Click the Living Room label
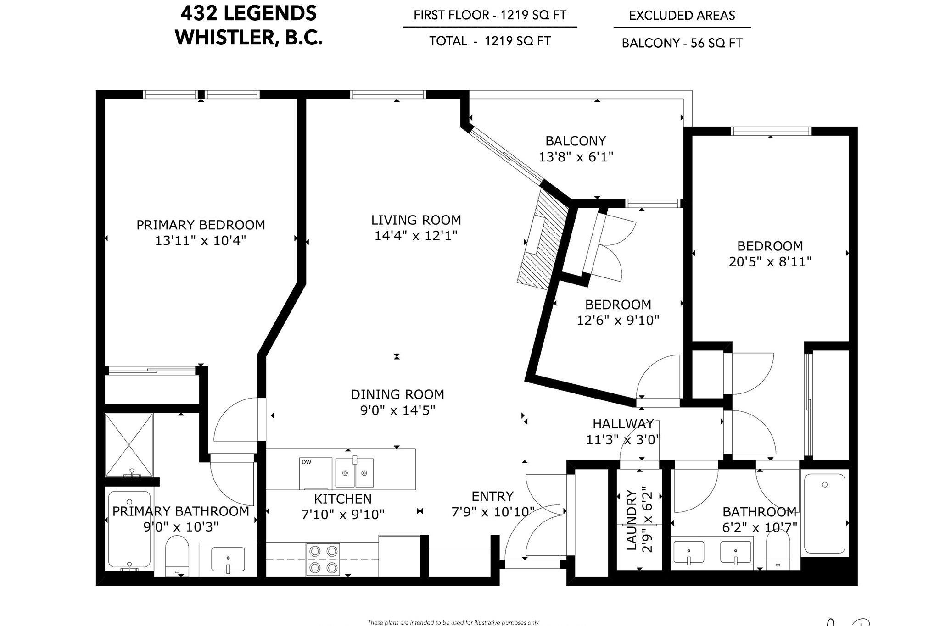tap(416, 220)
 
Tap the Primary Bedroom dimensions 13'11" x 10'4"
tap(201, 240)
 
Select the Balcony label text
tap(576, 141)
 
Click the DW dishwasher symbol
tap(316, 473)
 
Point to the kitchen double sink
tap(354, 472)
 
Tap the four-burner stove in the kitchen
tap(323, 560)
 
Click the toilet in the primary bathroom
tap(177, 556)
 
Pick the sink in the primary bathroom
tap(228, 560)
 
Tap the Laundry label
tap(632, 521)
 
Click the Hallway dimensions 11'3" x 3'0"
tap(623, 440)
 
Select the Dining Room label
tap(397, 394)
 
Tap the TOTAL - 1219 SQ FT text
tap(490, 41)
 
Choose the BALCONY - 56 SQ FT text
tap(682, 43)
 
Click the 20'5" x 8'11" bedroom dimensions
tap(770, 262)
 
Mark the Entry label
tap(492, 496)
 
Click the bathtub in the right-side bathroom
tap(825, 514)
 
